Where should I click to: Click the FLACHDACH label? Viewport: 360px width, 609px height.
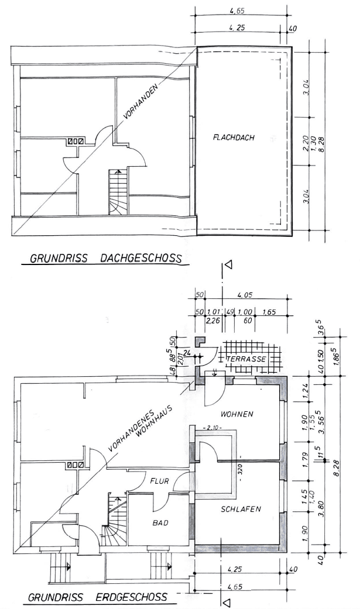236,138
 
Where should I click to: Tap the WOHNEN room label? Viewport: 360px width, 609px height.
236,414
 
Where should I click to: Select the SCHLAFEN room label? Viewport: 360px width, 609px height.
240,509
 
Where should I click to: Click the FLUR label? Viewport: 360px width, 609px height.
160,483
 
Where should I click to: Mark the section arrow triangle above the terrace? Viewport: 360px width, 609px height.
228,264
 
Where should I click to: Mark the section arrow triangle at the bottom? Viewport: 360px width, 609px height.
228,601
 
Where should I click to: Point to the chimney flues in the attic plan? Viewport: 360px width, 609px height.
76,141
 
